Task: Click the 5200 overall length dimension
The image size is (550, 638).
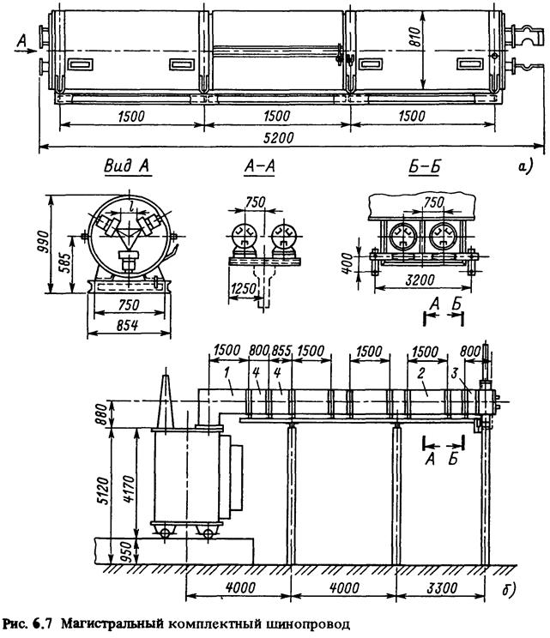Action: pos(278,137)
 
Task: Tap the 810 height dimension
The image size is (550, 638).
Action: pos(414,36)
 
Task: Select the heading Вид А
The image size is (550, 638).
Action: pos(127,166)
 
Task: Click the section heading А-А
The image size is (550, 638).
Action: pos(260,166)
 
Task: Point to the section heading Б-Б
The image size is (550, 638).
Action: pos(424,166)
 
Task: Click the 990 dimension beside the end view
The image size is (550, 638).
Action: pos(43,242)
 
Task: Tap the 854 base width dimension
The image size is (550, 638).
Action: pos(127,325)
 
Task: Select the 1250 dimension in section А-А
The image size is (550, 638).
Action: pos(243,289)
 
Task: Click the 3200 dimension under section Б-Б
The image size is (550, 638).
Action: pos(420,280)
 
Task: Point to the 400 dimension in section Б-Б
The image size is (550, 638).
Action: pos(347,262)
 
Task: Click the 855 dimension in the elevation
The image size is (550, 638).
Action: pos(281,351)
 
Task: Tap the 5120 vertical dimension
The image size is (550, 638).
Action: pos(104,491)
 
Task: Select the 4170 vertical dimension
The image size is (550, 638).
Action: pos(128,489)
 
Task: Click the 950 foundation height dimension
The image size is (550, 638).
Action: pos(128,551)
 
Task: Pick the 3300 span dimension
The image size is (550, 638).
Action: pos(442,587)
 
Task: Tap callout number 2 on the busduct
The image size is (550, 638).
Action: pos(421,373)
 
